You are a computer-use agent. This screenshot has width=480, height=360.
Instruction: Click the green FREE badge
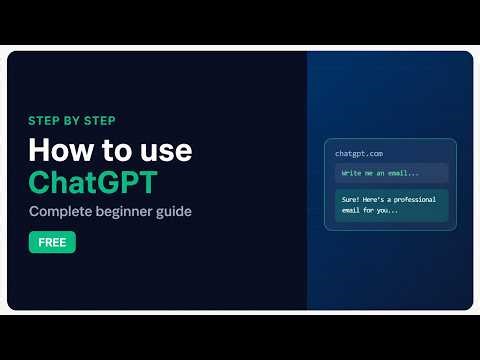click(x=52, y=242)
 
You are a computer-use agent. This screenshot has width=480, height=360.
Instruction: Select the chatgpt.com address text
click(x=360, y=153)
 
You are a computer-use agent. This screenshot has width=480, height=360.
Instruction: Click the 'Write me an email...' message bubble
click(x=391, y=172)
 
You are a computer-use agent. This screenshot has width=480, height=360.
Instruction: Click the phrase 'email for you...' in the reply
click(x=370, y=211)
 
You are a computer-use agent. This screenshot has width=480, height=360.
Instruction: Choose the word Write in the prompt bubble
click(x=352, y=172)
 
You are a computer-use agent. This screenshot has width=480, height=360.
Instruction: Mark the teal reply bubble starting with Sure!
click(x=391, y=205)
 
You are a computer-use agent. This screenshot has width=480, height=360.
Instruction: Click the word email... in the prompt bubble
click(x=402, y=172)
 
